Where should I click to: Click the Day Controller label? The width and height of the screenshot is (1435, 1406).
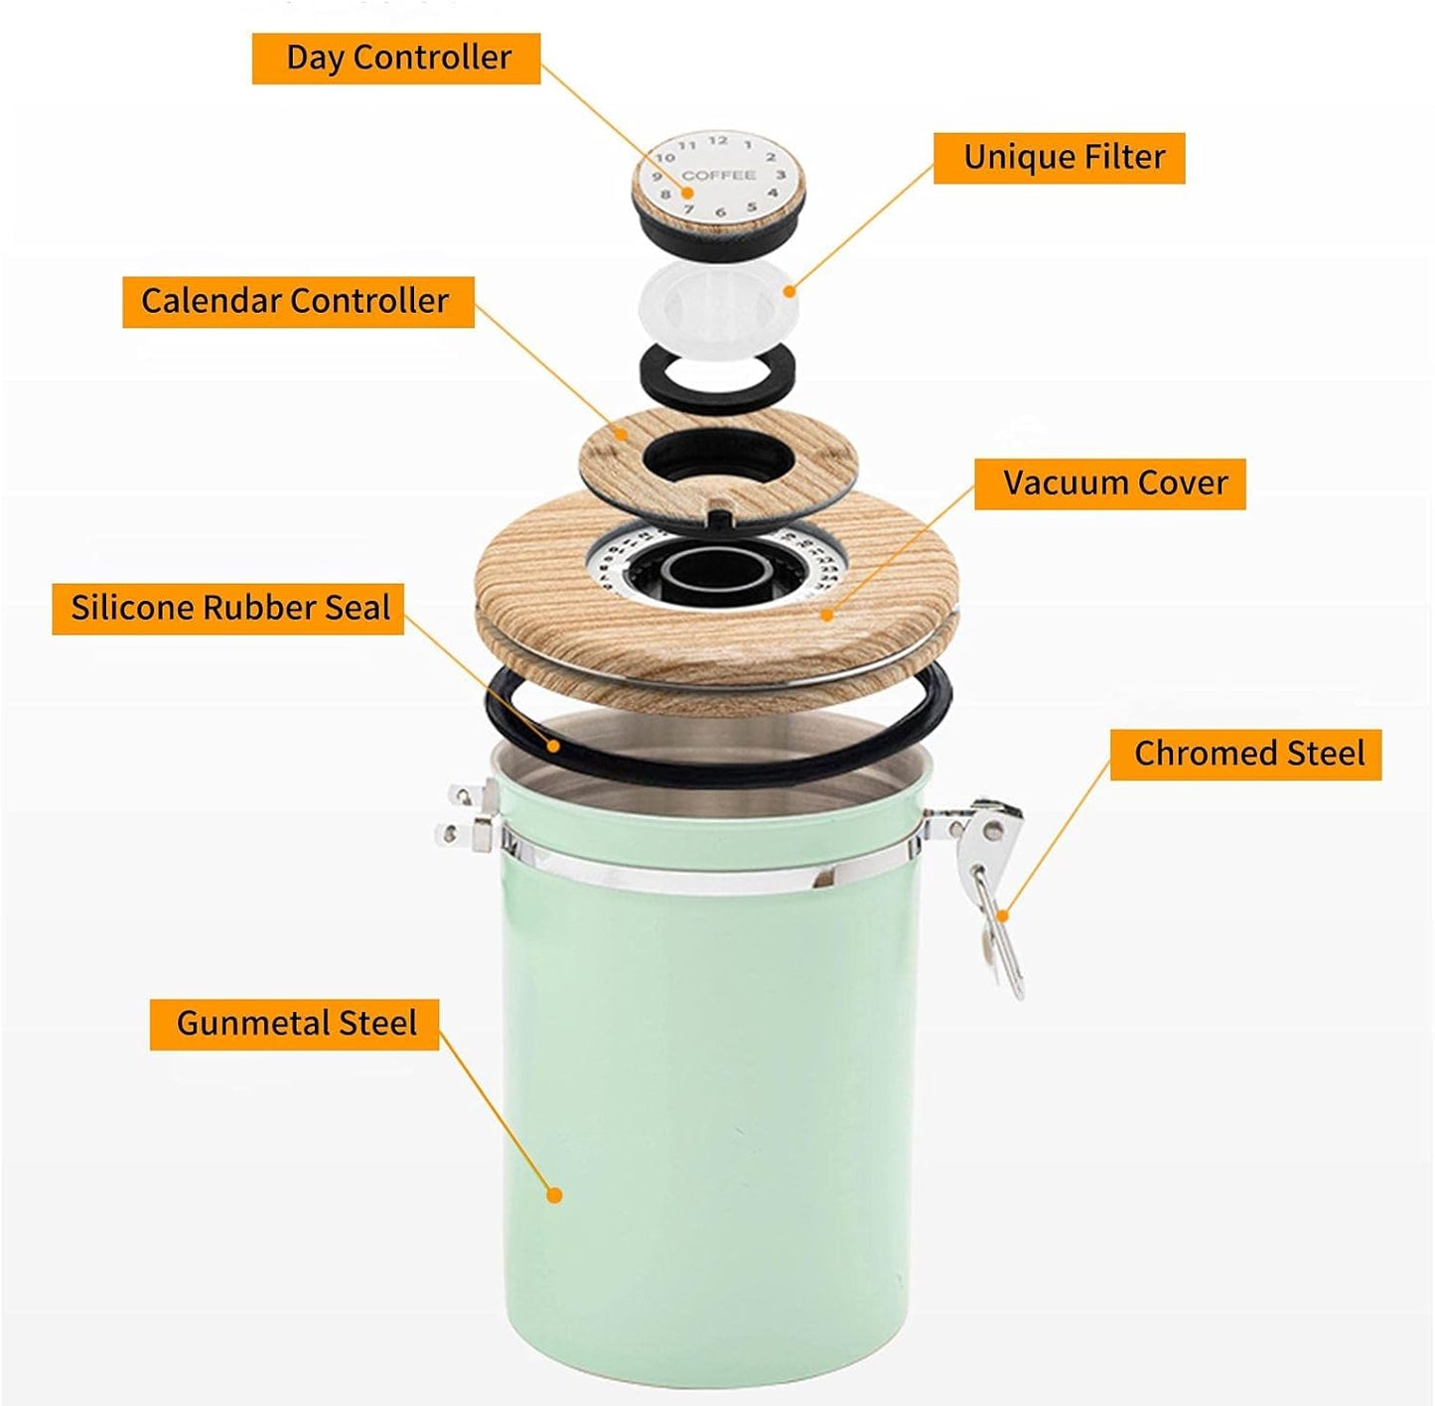click(396, 59)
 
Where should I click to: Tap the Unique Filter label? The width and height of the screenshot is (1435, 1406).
click(1060, 158)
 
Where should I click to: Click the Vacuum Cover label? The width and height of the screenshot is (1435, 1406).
click(1109, 484)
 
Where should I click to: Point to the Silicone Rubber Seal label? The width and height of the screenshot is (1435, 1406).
click(228, 608)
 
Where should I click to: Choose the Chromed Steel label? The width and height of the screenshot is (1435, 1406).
click(1245, 754)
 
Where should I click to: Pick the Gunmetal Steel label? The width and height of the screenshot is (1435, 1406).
click(294, 1024)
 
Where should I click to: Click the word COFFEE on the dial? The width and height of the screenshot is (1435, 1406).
click(718, 176)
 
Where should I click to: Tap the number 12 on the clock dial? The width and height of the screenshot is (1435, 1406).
click(717, 141)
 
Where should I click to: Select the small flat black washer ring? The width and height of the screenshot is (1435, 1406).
click(716, 378)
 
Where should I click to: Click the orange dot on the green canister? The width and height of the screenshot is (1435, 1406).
click(555, 1195)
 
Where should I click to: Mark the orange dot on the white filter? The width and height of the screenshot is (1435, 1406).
click(789, 291)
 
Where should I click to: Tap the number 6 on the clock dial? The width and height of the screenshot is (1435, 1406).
click(720, 211)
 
